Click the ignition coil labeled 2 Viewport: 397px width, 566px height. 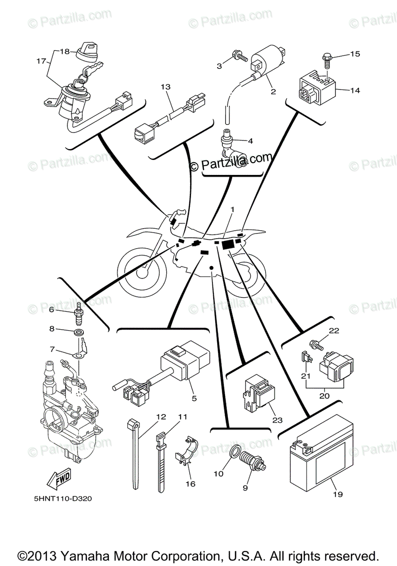click(x=267, y=63)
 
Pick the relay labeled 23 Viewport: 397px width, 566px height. click(x=255, y=392)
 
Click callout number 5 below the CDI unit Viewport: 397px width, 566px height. click(x=194, y=398)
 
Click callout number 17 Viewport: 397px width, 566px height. click(x=41, y=61)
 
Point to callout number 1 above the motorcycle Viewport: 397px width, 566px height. click(x=232, y=209)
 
